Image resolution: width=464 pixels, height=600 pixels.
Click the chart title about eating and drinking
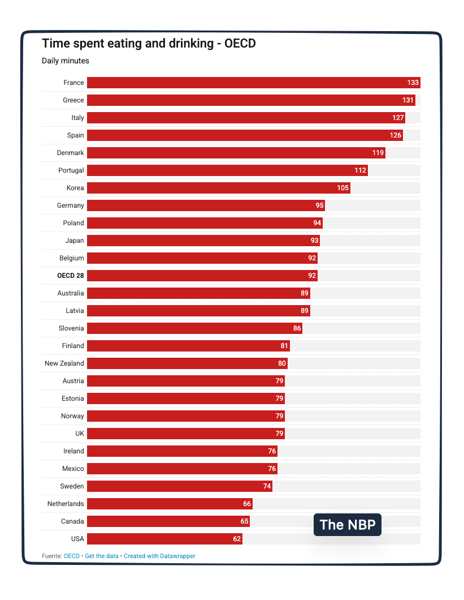point(149,44)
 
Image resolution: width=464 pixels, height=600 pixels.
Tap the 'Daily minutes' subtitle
point(66,61)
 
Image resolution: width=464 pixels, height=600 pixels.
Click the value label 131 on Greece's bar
point(409,100)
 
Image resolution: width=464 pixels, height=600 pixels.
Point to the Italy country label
point(77,118)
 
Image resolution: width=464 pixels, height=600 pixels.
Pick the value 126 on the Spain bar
point(395,135)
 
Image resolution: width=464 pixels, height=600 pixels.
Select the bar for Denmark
point(236,153)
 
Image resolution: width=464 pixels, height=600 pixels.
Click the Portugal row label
point(71,170)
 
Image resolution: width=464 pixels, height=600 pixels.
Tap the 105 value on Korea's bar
point(343,188)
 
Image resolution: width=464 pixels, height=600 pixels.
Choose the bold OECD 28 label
point(71,276)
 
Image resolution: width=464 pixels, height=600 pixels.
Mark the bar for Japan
point(203,241)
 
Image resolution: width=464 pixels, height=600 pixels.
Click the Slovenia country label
point(71,328)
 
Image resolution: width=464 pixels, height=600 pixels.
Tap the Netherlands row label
point(66,504)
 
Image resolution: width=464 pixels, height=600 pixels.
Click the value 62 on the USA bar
point(237,539)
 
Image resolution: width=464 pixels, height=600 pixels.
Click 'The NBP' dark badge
point(348,525)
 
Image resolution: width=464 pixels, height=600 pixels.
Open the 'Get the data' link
point(102,556)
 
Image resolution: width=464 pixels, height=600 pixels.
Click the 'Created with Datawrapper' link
point(159,556)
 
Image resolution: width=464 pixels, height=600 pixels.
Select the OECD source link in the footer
point(72,556)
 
